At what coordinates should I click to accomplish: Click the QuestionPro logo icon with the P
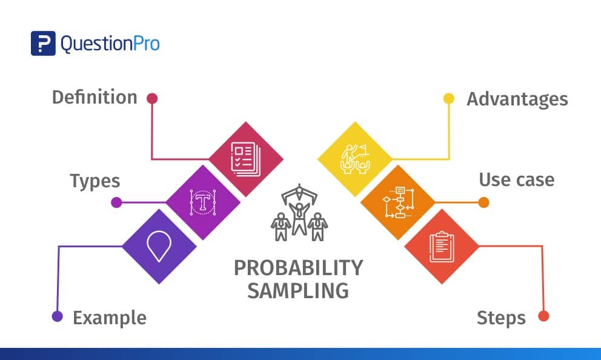[x=43, y=43]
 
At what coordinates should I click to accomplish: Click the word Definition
[x=95, y=98]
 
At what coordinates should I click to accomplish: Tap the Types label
[x=95, y=181]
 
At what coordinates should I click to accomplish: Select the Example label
[x=110, y=318]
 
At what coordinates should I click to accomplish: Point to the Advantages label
[x=517, y=99]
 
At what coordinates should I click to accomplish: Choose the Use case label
[x=516, y=180]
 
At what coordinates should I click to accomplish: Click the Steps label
[x=501, y=318]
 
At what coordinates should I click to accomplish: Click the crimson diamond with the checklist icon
[x=246, y=159]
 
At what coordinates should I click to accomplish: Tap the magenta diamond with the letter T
[x=203, y=202]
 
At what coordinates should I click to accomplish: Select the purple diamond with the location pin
[x=159, y=246]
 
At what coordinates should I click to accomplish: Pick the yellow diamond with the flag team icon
[x=355, y=159]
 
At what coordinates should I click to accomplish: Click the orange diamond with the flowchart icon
[x=398, y=202]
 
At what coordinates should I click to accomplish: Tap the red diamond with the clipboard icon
[x=442, y=246]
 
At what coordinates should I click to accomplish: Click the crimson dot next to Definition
[x=152, y=98]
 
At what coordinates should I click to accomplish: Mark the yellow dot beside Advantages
[x=449, y=98]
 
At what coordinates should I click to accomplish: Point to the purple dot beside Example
[x=58, y=316]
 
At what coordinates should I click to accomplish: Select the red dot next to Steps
[x=543, y=316]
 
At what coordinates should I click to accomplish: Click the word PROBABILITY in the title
[x=298, y=268]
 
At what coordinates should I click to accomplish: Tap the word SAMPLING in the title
[x=298, y=290]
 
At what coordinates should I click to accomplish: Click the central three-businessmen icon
[x=299, y=215]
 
